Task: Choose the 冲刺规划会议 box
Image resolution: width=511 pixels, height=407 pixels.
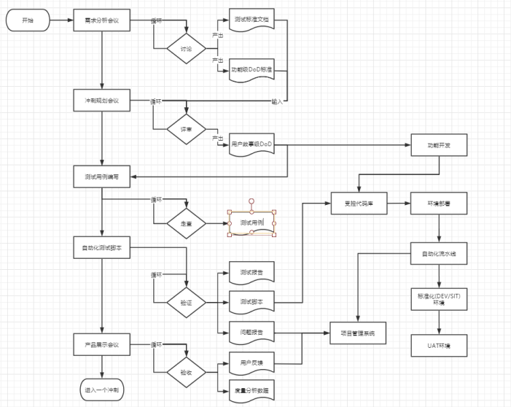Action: coord(102,100)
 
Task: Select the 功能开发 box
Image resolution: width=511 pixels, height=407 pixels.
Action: coord(439,144)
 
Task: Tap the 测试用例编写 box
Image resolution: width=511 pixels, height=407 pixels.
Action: coord(102,176)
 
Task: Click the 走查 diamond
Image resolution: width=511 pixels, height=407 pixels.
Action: coord(187,223)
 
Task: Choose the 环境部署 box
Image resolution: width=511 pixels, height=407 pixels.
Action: coord(439,203)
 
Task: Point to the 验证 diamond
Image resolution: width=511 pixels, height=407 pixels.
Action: coord(187,302)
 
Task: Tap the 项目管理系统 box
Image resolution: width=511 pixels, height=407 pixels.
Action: coord(358,333)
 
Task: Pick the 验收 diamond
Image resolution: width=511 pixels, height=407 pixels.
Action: coord(187,372)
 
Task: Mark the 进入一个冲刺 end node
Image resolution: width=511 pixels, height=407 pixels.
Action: coord(102,390)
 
